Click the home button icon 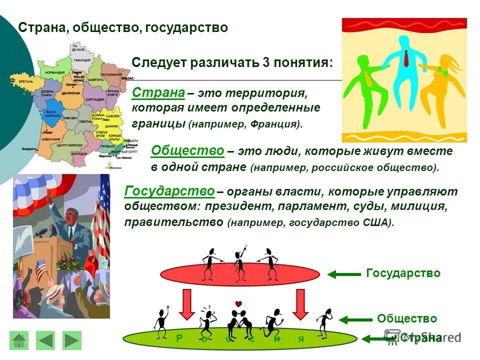[19, 340]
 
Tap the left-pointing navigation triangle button [46, 340]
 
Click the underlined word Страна [158, 93]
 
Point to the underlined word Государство [169, 191]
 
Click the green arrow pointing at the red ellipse [344, 274]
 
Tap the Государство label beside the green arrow [403, 273]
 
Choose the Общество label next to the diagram [407, 319]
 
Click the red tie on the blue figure [406, 59]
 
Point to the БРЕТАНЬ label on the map [26, 81]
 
